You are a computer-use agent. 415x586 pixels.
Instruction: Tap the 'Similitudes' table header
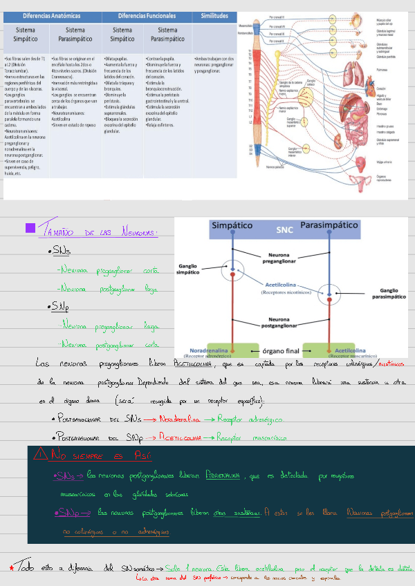[214, 15]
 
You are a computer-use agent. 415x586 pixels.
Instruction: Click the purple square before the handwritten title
[30, 227]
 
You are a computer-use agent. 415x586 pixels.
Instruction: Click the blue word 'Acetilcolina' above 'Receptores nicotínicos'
[285, 284]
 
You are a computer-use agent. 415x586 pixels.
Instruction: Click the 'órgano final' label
[285, 350]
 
